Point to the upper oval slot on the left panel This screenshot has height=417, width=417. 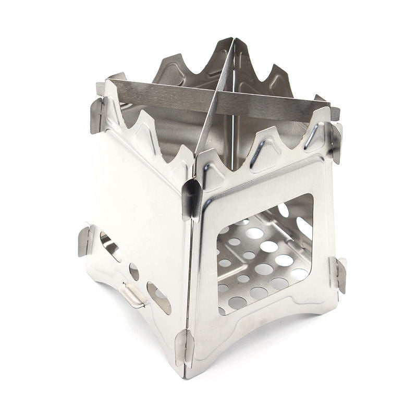110,246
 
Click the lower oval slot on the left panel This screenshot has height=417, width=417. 158,298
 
